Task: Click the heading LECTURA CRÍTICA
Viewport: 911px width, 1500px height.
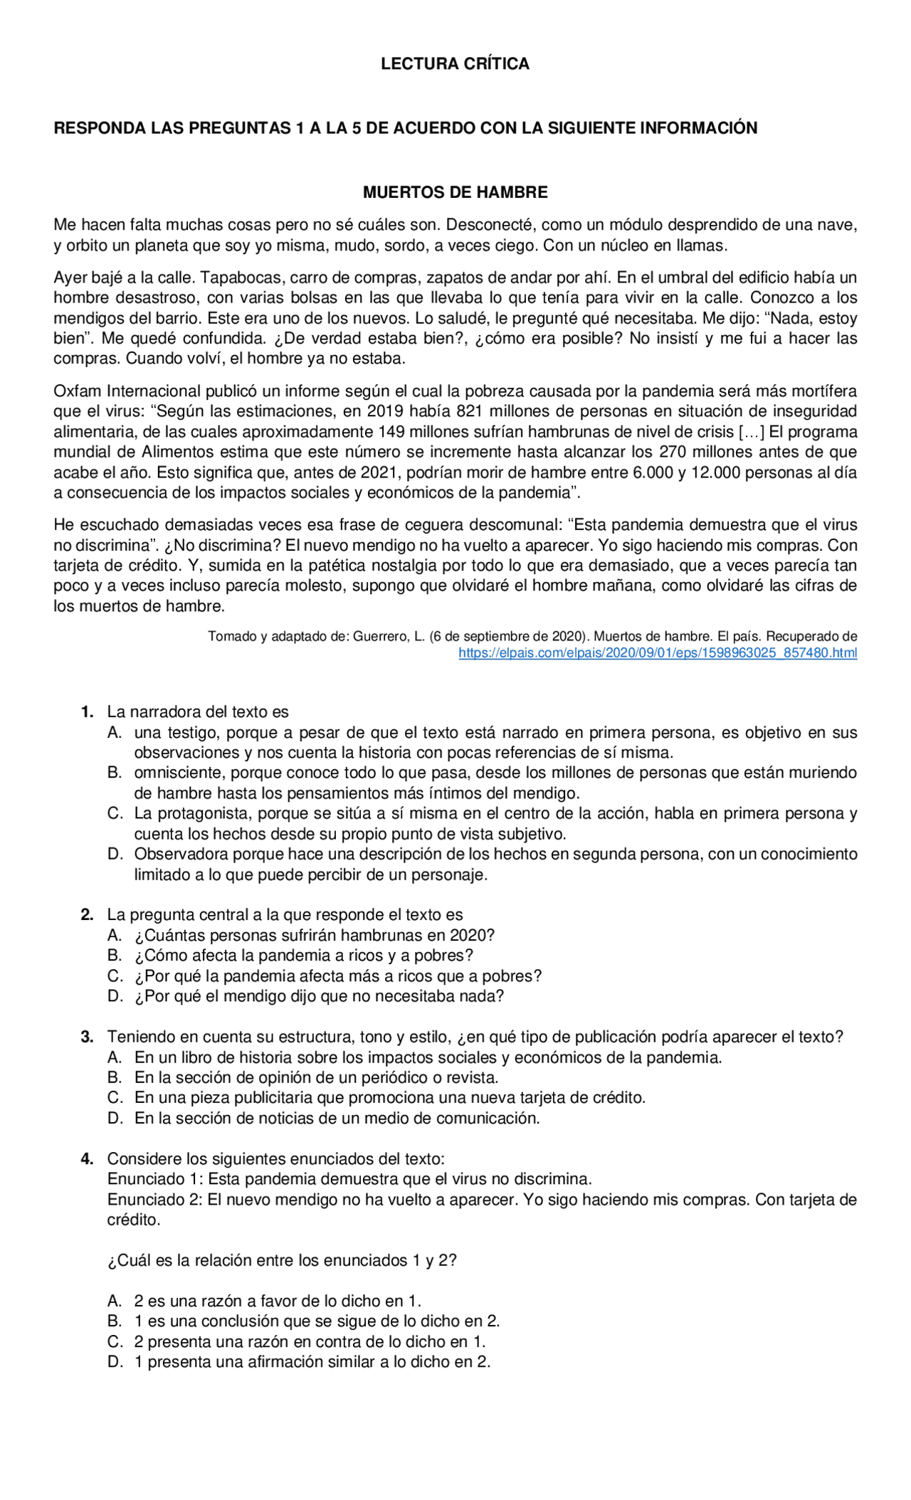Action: [x=455, y=64]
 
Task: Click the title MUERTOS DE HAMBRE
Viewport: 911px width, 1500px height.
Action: [x=455, y=192]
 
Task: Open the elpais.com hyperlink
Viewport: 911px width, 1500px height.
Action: [x=658, y=653]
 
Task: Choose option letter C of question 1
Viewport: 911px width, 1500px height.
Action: [x=115, y=813]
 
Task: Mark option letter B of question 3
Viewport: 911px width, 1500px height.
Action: [x=115, y=1077]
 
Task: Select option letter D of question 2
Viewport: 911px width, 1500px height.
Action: [x=115, y=996]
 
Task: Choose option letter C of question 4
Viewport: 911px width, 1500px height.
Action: [x=115, y=1342]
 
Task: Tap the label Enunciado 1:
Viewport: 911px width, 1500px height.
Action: [x=155, y=1179]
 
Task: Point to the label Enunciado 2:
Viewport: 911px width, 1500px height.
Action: [x=155, y=1200]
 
